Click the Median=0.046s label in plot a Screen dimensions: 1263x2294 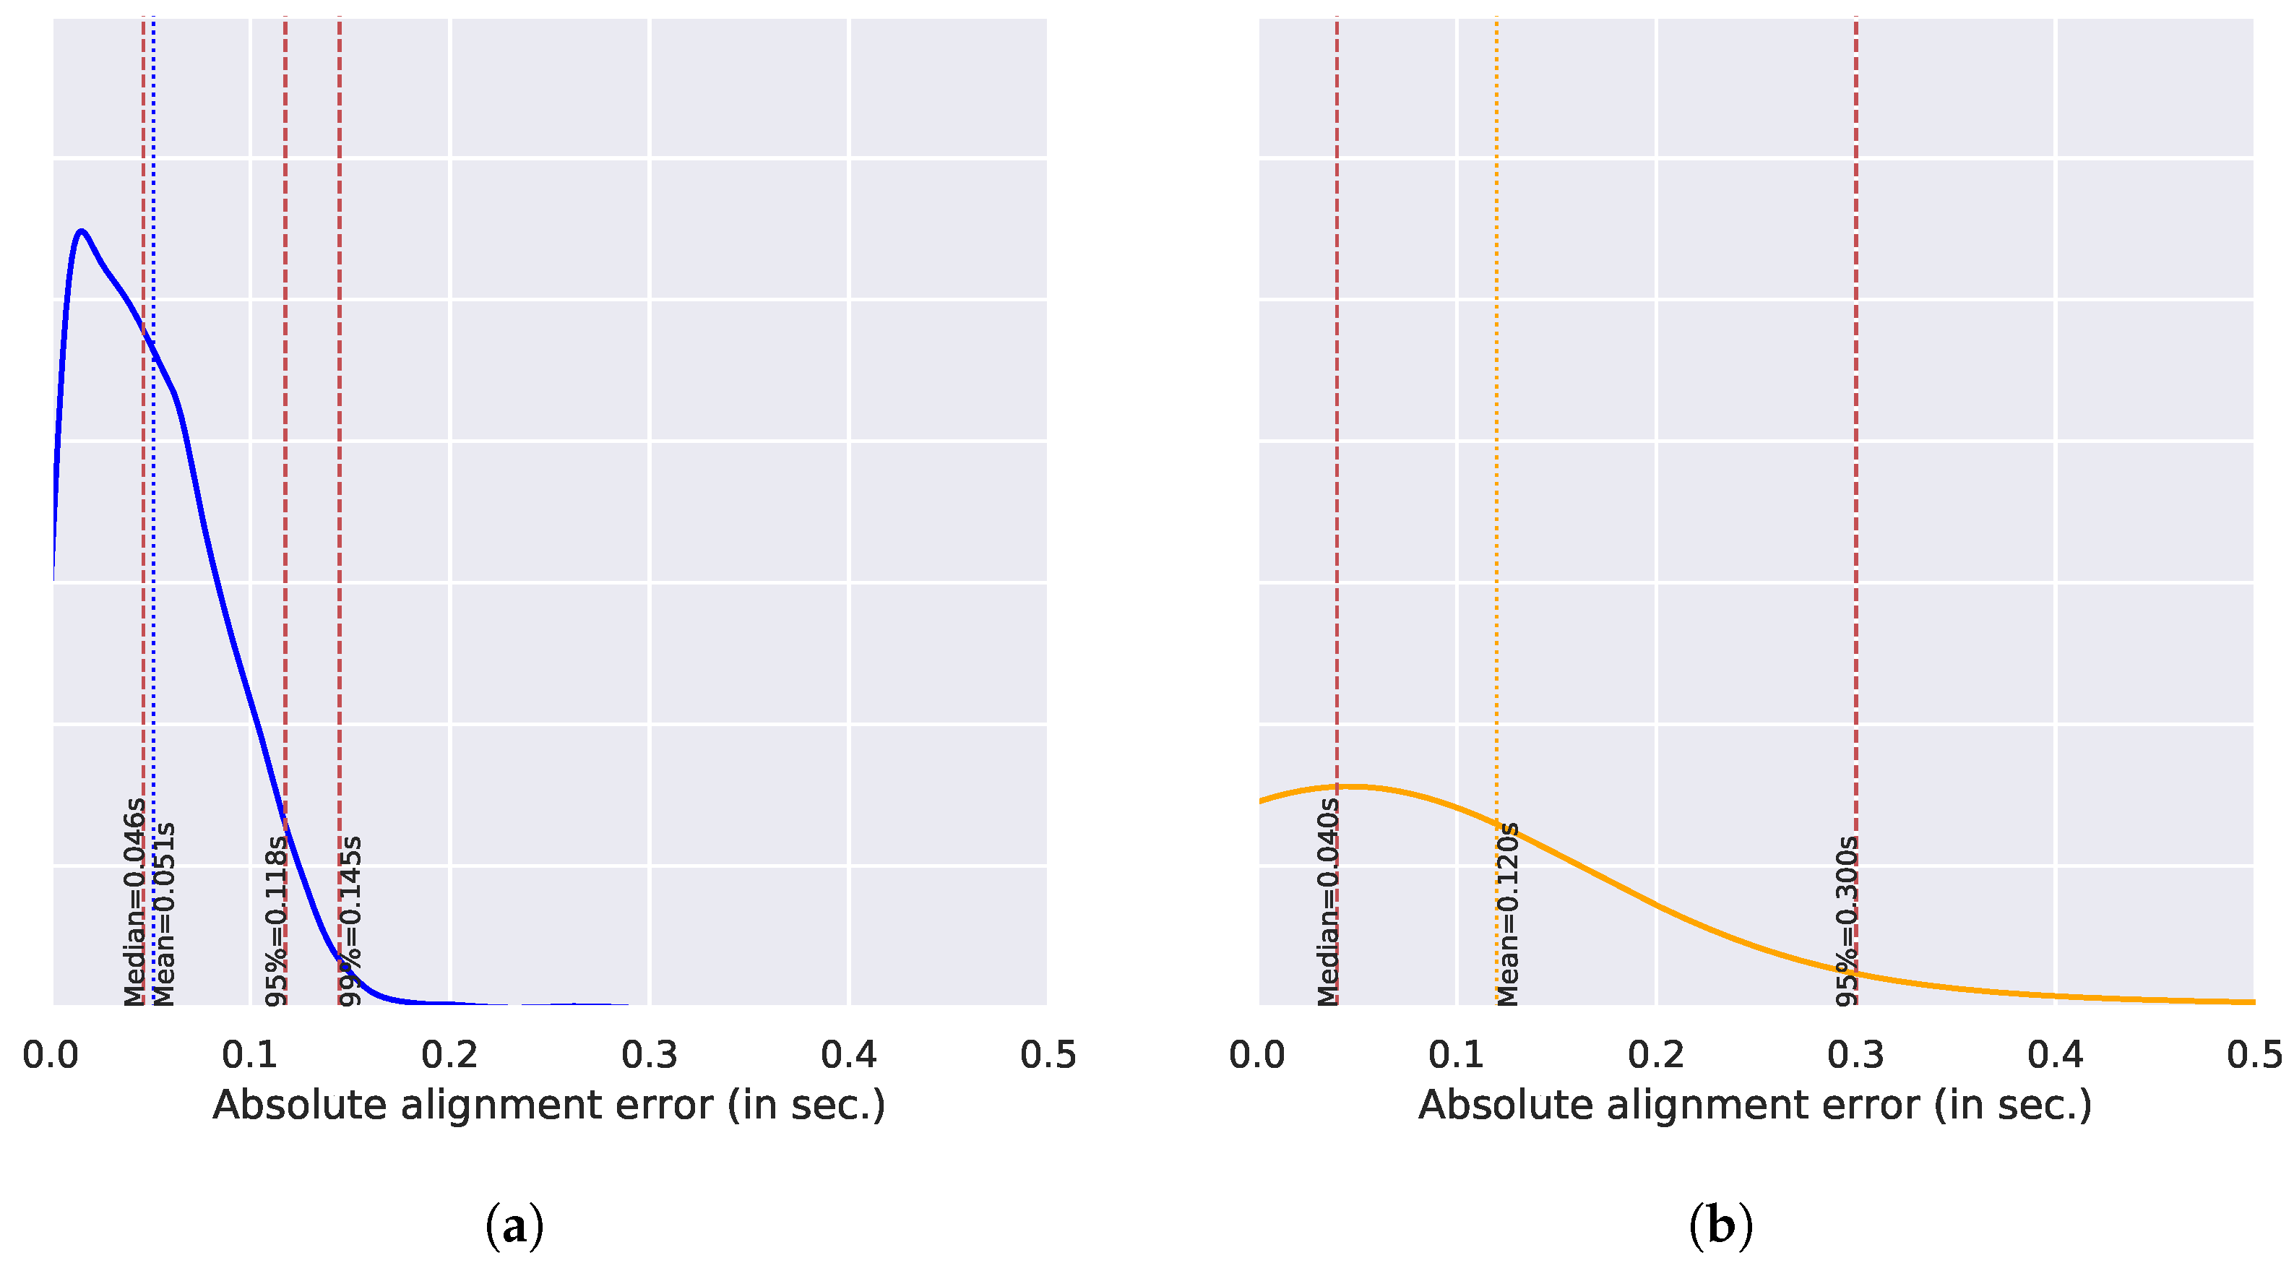coord(134,902)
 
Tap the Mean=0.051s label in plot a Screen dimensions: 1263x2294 coord(164,914)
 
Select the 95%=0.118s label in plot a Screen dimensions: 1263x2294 coord(276,920)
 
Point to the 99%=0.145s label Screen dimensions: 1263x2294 coord(351,920)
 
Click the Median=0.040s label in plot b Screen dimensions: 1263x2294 coord(1328,902)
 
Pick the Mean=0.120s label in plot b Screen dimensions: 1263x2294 coord(1508,914)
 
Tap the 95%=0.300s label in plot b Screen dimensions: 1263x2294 coord(1847,920)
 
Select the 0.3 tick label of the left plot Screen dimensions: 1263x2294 coord(650,1055)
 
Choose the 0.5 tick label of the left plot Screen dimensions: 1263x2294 coord(1047,1055)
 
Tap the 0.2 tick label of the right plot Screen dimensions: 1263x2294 coord(1655,1055)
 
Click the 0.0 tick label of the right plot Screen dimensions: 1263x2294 coord(1256,1055)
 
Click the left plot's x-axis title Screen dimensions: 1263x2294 coord(548,1105)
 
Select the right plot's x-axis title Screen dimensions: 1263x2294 coord(1754,1105)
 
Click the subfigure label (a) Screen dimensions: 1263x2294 coord(514,1228)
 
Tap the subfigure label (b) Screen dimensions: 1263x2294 coord(1720,1228)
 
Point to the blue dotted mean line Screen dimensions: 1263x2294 coord(153,535)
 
